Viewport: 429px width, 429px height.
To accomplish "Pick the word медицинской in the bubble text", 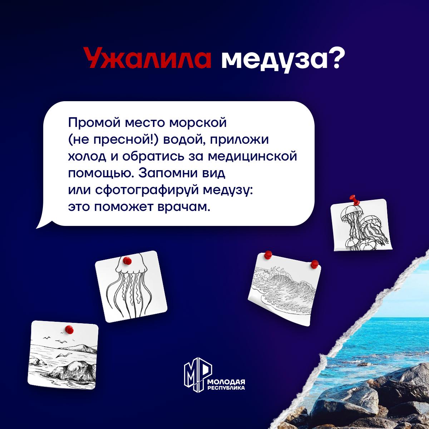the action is click(x=252, y=157).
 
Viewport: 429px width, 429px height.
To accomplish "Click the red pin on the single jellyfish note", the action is click(x=127, y=260).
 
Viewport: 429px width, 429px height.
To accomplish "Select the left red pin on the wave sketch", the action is click(x=268, y=255).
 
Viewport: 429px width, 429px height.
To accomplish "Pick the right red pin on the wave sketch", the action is click(x=315, y=264).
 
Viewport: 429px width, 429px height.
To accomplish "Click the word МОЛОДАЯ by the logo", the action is click(x=226, y=382).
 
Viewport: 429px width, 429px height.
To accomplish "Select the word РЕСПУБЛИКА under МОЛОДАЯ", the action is click(x=226, y=388).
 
